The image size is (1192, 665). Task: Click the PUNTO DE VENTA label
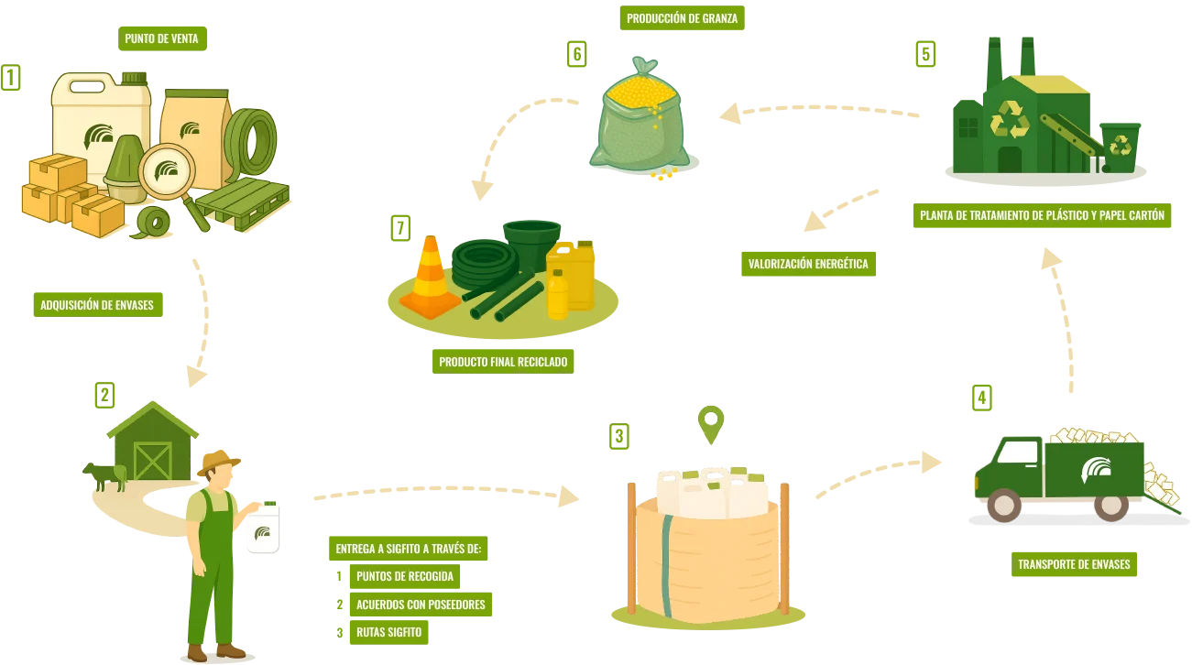pos(162,38)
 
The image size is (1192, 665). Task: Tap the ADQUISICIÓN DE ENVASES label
pos(97,305)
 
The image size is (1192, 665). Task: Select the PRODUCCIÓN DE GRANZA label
pos(681,18)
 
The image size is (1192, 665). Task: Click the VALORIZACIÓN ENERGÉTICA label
pos(807,264)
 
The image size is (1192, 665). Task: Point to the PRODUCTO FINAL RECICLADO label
pos(503,362)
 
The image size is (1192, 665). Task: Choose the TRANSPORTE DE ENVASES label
pos(1074,564)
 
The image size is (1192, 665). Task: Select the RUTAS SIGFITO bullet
pos(388,632)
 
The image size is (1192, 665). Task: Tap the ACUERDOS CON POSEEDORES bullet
pos(420,605)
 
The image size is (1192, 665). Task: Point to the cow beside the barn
pos(104,475)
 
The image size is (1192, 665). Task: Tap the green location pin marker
pos(710,424)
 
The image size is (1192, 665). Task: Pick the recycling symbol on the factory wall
pos(1010,120)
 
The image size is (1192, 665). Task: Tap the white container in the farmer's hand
pos(264,528)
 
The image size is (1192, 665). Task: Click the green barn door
pos(152,462)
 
